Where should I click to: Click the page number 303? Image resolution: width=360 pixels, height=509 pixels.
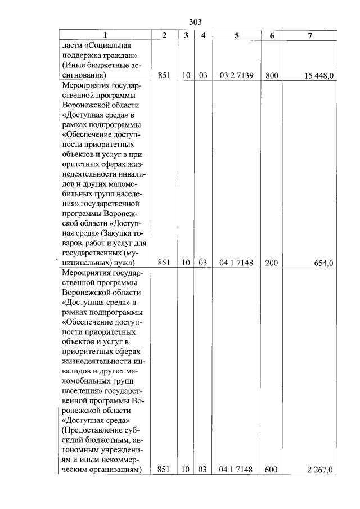(x=195, y=22)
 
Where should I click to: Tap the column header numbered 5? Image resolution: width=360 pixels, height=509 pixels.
(x=236, y=35)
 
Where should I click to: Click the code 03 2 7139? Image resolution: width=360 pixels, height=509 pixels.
(x=236, y=75)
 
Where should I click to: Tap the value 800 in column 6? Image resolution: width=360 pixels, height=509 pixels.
(x=272, y=75)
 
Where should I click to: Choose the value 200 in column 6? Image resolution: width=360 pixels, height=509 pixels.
(x=272, y=263)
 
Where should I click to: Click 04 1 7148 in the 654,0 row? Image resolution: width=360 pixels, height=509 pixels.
(x=236, y=263)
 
